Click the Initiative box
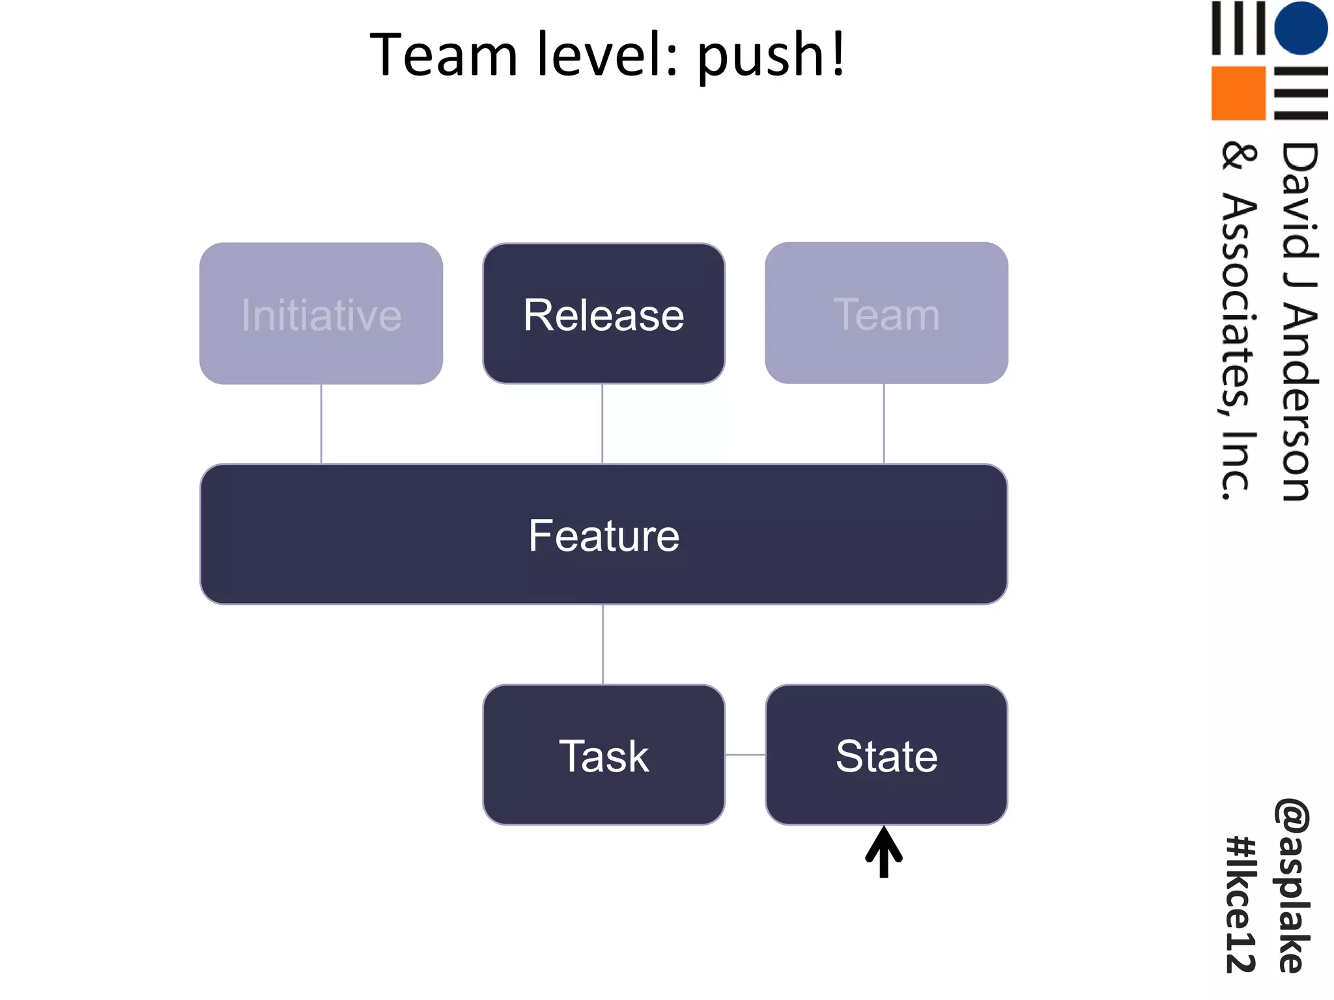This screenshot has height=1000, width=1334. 321,314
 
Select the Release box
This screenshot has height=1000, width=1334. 603,314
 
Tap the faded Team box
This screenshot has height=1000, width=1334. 886,314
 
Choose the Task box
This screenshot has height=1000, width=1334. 603,755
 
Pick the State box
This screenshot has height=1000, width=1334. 886,755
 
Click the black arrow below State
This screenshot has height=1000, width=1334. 884,853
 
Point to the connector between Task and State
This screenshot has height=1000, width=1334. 745,755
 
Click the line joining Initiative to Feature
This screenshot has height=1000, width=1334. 321,424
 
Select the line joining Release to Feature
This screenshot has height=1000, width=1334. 603,424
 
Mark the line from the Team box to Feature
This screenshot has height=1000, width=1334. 884,424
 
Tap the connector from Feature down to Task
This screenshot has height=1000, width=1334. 603,645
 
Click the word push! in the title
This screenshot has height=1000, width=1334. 771,55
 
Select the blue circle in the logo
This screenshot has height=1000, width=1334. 1301,28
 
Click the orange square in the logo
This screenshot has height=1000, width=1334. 1238,93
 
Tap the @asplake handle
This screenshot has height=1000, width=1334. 1292,885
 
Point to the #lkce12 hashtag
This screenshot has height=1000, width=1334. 1241,905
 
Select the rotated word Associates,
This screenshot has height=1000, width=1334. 1237,306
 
